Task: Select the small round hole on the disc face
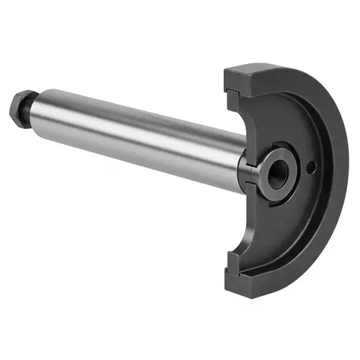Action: point(311,168)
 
